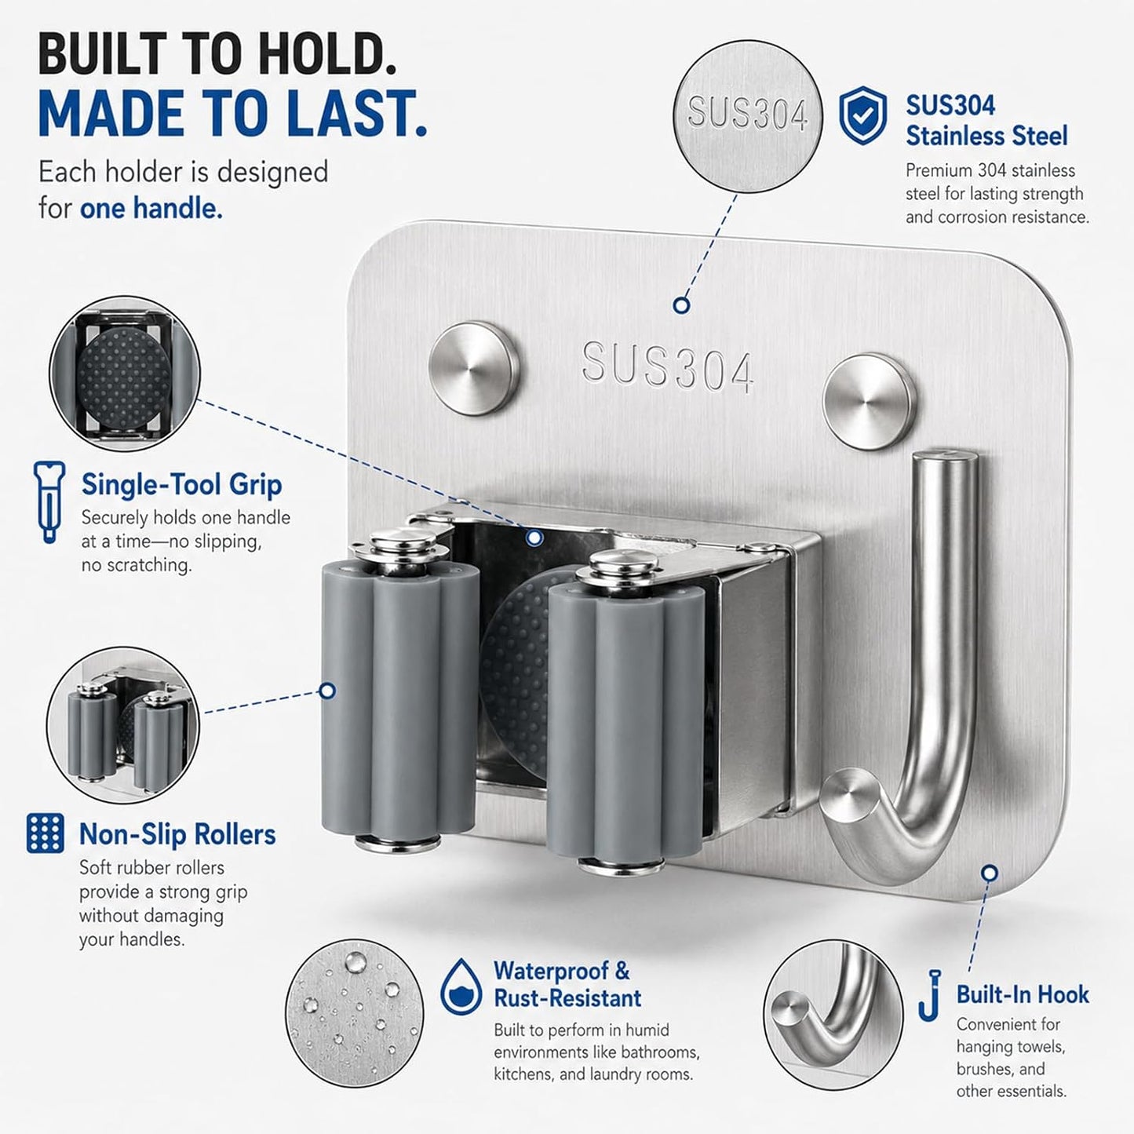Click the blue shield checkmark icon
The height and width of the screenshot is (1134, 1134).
point(863,115)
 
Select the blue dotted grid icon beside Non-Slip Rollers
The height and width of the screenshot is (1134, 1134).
point(46,833)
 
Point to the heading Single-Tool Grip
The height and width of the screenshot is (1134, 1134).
point(182,485)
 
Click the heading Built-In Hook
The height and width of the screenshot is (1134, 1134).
point(1023,994)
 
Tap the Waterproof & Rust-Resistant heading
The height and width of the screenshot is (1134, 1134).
point(567,984)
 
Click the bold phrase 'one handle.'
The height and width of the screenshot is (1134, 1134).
point(151,209)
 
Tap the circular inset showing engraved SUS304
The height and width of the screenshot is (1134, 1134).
point(748,115)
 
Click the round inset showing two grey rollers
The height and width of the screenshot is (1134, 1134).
point(123,724)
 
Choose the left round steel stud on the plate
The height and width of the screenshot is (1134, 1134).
point(474,368)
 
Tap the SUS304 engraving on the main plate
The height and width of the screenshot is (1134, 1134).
point(667,368)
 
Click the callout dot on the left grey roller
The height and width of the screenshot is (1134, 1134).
point(327,691)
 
